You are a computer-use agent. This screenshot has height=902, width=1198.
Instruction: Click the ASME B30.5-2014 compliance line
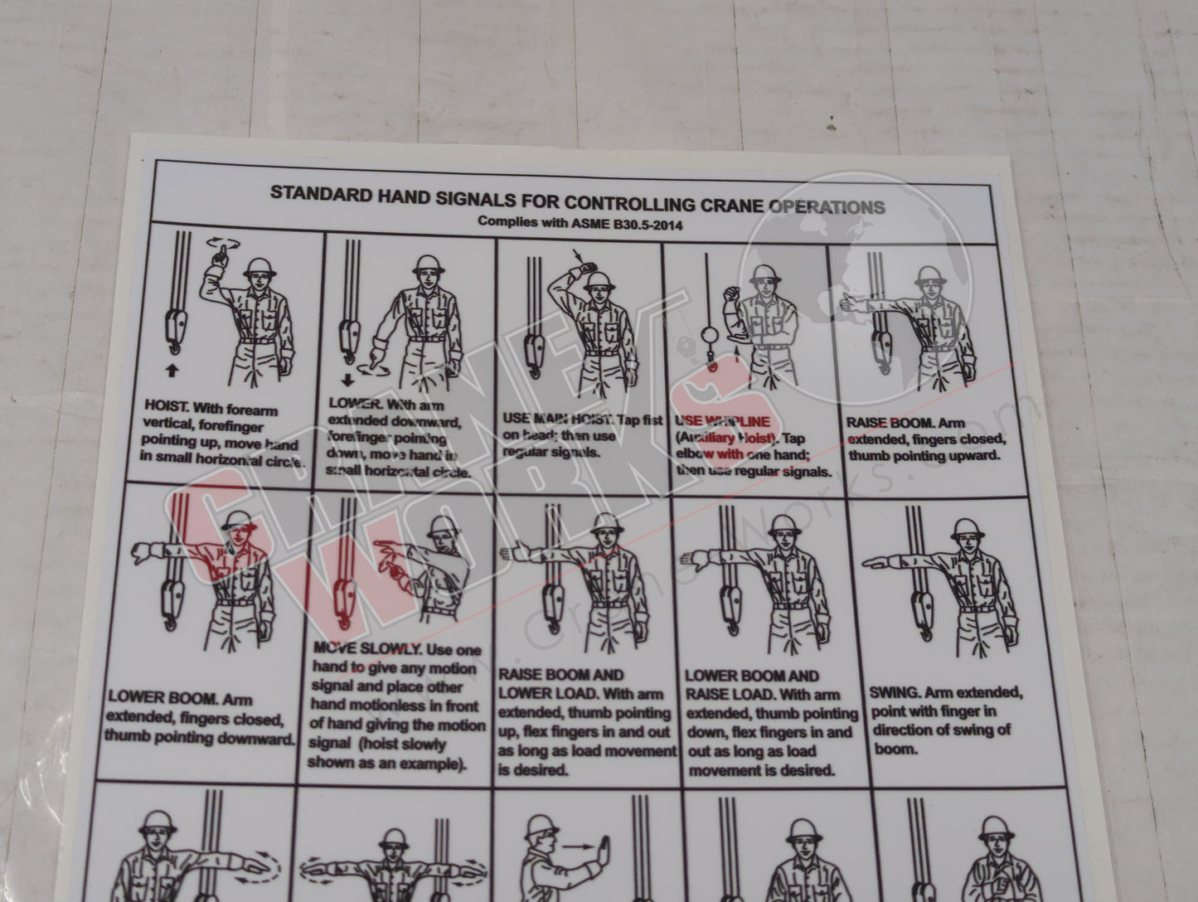click(580, 223)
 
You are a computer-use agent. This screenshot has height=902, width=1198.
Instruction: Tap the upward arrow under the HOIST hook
click(172, 371)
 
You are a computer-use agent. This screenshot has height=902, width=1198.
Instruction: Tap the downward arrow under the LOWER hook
click(347, 380)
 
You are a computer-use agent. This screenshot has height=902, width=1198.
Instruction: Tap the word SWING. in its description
click(895, 692)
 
